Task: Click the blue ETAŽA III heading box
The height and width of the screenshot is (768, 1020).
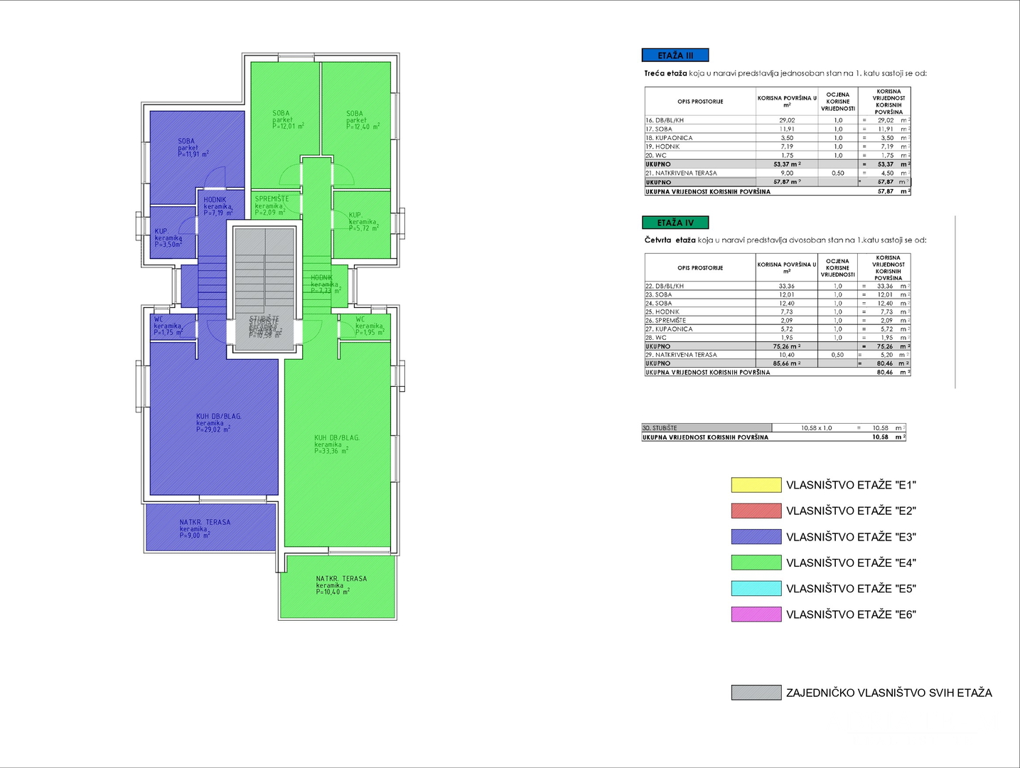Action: [675, 55]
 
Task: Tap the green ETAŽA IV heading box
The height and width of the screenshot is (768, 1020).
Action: [675, 223]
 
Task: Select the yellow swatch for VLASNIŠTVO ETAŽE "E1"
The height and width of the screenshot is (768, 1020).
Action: [756, 485]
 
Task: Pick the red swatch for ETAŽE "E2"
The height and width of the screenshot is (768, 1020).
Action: [756, 511]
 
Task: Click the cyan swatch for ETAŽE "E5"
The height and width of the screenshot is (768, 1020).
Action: [756, 588]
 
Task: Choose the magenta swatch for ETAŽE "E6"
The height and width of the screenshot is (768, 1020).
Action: [756, 614]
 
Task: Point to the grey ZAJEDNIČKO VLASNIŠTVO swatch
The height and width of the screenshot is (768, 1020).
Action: [756, 693]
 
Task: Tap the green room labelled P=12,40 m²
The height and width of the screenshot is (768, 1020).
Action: [356, 124]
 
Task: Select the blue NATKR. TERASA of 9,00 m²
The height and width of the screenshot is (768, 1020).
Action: [210, 527]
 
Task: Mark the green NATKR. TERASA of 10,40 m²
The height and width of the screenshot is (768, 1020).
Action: [338, 587]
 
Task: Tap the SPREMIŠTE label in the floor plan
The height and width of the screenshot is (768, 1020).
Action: [272, 199]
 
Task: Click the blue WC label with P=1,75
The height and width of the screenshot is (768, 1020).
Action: [159, 320]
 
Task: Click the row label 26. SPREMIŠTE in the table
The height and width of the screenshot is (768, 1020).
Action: [666, 321]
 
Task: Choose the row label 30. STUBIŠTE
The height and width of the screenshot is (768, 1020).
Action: [660, 428]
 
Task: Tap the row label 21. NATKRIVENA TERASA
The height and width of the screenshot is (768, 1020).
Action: [681, 173]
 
